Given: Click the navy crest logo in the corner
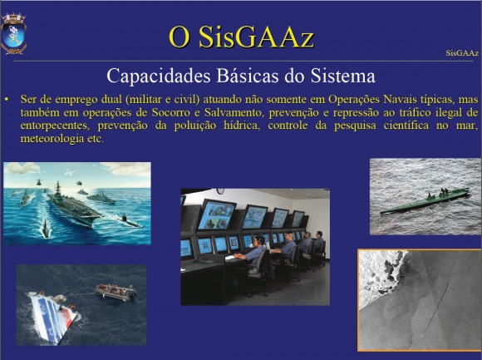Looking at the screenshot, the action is [13, 33].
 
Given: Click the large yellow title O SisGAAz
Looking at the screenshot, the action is [241, 37].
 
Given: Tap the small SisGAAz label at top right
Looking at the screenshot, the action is [462, 53].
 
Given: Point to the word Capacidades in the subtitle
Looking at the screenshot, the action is [159, 76].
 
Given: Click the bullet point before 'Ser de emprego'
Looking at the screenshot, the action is [7, 100].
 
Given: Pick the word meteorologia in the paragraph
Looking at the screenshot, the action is [52, 139].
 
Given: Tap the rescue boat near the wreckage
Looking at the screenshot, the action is [116, 292].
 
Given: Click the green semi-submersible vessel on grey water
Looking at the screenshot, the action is [425, 201].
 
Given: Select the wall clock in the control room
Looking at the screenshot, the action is [220, 191].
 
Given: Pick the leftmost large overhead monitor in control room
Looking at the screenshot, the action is [216, 214].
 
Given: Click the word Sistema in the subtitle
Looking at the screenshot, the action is [342, 76].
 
